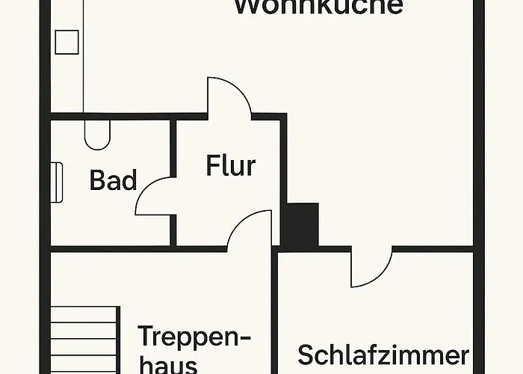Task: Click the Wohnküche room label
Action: pos(318,7)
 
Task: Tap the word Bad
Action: pos(114,180)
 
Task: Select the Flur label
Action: pos(230,165)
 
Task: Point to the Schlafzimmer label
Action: pos(383,354)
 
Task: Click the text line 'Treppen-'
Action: pos(194,335)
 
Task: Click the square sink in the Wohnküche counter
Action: pos(66,41)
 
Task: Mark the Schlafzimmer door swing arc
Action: pos(371,269)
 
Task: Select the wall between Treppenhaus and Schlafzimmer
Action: pos(274,314)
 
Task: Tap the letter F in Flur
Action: pos(213,165)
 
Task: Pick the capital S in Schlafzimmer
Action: pos(306,354)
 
